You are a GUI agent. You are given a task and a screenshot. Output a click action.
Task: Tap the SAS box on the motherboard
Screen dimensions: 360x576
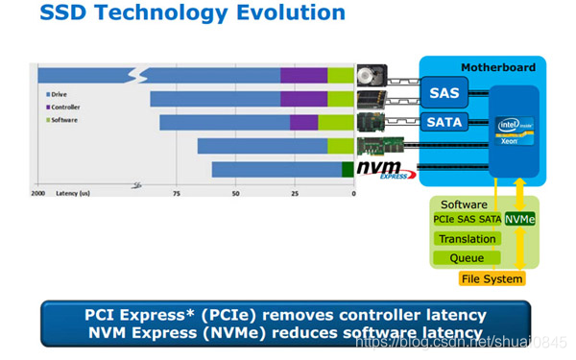pyautogui.click(x=443, y=92)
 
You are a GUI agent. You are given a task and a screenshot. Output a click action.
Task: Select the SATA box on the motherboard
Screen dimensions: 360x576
pyautogui.click(x=443, y=122)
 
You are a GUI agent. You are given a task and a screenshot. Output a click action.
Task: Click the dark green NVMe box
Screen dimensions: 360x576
pyautogui.click(x=520, y=219)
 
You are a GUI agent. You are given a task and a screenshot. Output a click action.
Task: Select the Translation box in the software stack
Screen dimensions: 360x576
pyautogui.click(x=467, y=238)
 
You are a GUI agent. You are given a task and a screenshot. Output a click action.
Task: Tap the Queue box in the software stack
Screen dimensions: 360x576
pyautogui.click(x=467, y=258)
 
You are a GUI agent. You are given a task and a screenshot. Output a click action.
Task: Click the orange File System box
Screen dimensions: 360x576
pyautogui.click(x=492, y=279)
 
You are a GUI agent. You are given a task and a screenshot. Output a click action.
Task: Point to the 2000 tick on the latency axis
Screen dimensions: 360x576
pyautogui.click(x=38, y=193)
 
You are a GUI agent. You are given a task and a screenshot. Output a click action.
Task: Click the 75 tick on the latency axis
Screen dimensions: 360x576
pyautogui.click(x=177, y=193)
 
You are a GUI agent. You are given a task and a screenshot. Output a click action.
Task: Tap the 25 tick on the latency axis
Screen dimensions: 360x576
pyautogui.click(x=295, y=193)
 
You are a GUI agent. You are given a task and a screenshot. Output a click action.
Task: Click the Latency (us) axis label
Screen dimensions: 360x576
pyautogui.click(x=75, y=193)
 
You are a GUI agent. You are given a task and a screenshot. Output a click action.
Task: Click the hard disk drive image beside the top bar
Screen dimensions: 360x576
pyautogui.click(x=371, y=76)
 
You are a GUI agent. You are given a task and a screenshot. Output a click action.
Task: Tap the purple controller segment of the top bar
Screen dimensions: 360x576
pyautogui.click(x=303, y=76)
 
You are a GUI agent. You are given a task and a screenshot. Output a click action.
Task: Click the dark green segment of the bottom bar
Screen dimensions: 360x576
pyautogui.click(x=348, y=170)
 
